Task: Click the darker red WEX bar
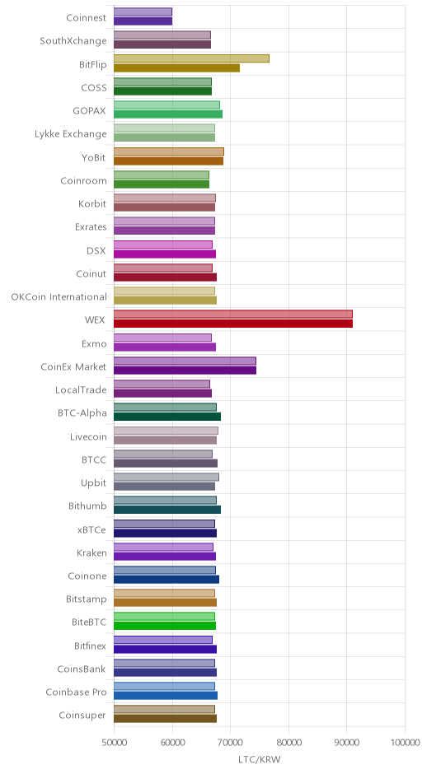233,324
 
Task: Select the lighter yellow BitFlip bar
192,58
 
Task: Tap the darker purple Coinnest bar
143,21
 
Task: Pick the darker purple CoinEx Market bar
185,371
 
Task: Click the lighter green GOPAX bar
167,105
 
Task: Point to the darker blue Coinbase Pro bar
166,696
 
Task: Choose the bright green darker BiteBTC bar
165,626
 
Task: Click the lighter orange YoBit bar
169,152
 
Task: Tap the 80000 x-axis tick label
288,743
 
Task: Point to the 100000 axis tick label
406,743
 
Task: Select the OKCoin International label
59,296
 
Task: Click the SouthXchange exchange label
73,40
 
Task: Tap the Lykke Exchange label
71,133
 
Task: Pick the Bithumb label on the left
87,506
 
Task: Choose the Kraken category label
91,553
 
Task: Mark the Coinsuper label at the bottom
82,716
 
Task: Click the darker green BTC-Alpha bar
167,417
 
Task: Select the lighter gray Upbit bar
166,478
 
